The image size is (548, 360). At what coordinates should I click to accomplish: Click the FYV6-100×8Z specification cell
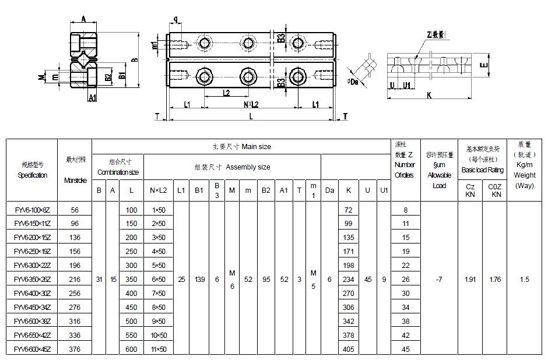[x=31, y=210]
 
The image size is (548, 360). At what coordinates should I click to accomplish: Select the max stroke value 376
[x=74, y=350]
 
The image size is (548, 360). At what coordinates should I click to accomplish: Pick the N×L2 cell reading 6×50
[x=158, y=280]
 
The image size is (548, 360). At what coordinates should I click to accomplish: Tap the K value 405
[x=349, y=350]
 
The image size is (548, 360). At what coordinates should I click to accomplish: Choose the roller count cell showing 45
[x=406, y=350]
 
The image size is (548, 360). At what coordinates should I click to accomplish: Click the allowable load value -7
[x=439, y=280]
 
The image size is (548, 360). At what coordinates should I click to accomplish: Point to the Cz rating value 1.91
[x=470, y=280]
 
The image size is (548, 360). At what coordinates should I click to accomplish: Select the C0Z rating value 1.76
[x=496, y=280]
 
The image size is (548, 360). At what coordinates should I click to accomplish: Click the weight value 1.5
[x=524, y=280]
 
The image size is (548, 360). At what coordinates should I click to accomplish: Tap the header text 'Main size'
[x=257, y=147]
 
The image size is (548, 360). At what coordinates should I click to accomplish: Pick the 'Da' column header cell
[x=329, y=189]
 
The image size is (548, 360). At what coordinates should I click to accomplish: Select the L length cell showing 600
[x=132, y=350]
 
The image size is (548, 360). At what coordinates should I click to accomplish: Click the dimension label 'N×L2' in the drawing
[x=251, y=105]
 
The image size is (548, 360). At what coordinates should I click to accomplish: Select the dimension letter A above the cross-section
[x=84, y=20]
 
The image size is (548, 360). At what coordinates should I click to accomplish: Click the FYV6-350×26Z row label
[x=31, y=280]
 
